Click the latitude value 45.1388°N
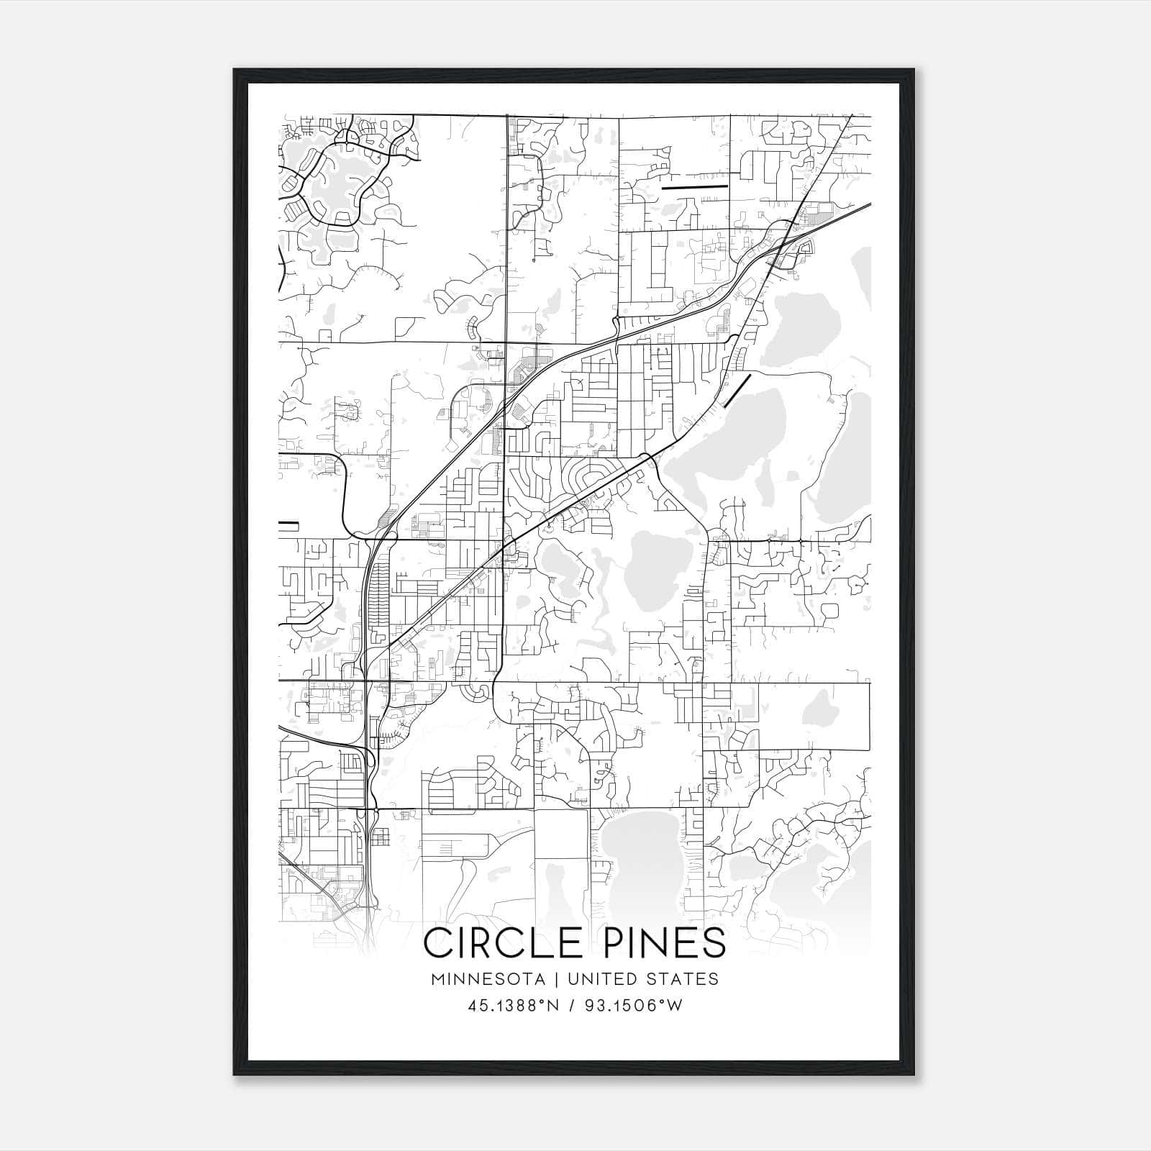tap(513, 1006)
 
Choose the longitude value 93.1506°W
tap(634, 1006)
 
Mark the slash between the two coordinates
tap(572, 1006)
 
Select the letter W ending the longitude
tap(674, 1006)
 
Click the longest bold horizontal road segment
tap(694, 187)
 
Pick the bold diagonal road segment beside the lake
tap(737, 391)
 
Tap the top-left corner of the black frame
tap(235, 70)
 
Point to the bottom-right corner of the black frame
tap(913, 1075)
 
